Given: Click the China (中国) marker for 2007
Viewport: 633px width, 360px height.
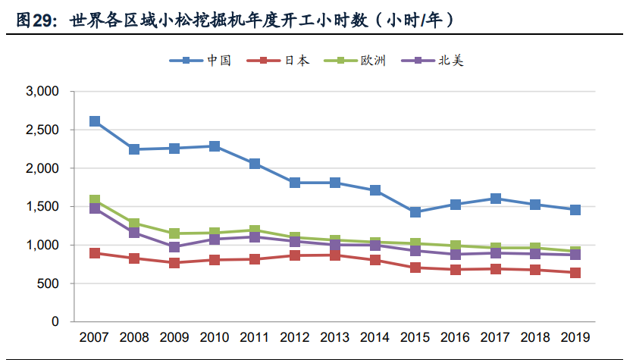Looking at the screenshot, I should point(95,121).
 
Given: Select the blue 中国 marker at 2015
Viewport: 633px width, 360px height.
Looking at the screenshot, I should point(415,212).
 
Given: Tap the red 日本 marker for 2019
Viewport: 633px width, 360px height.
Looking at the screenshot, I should point(575,273).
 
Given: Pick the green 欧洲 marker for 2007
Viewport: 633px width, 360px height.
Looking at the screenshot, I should point(95,201).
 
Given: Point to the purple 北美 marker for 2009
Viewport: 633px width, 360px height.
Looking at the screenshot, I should point(174,247).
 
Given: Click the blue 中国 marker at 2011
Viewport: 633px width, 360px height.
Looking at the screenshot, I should point(255,164).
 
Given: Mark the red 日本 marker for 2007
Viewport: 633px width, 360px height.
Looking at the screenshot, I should point(95,253).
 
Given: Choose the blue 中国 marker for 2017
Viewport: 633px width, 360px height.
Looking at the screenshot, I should point(496,199).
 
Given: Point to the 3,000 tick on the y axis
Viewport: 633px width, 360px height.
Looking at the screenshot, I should point(43,92).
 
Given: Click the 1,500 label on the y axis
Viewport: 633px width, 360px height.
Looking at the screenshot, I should point(43,207).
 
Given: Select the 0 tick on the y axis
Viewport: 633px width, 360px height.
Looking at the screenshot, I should point(55,322).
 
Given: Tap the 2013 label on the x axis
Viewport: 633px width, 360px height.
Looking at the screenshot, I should point(335,338).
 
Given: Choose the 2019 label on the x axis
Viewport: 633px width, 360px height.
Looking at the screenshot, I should point(575,338).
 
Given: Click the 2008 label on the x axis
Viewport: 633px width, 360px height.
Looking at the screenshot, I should point(135,338).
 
